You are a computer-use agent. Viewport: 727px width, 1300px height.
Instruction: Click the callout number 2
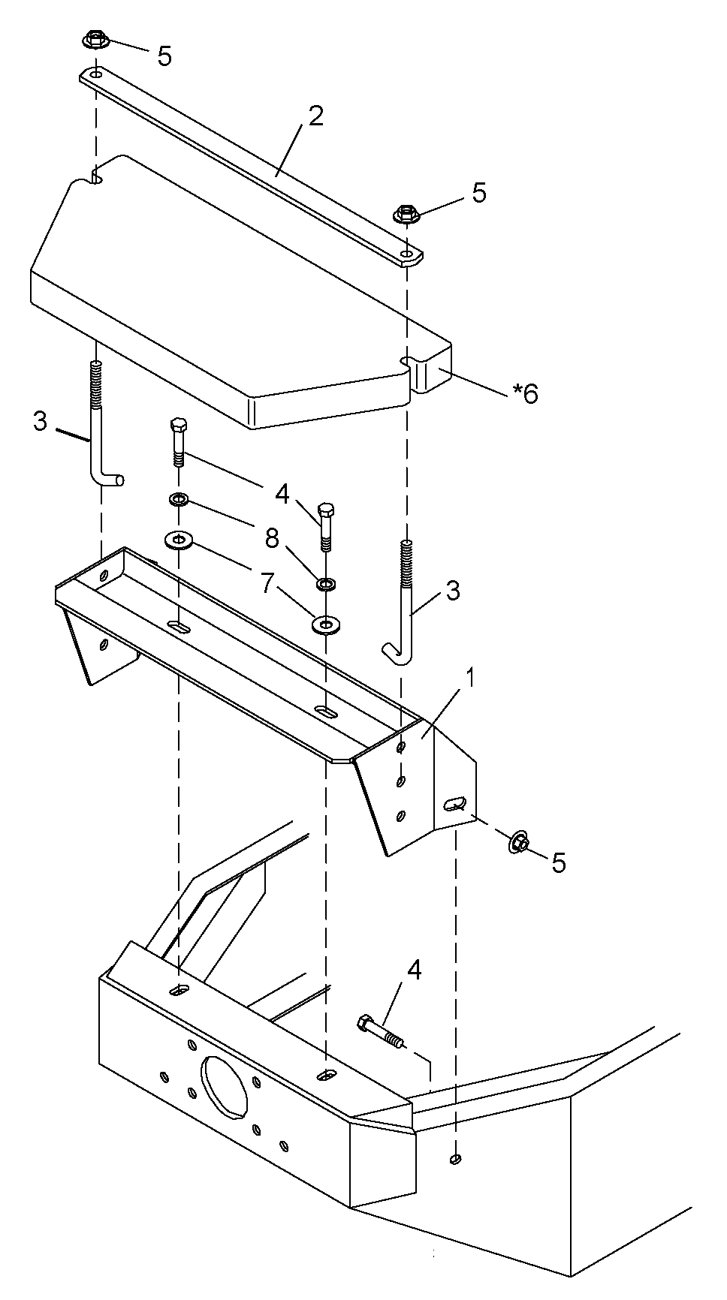tap(315, 116)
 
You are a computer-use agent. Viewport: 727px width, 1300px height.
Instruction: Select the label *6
tap(525, 393)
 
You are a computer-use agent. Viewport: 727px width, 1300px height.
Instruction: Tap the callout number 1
tap(470, 679)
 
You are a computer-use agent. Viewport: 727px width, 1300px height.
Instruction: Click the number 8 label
tap(271, 537)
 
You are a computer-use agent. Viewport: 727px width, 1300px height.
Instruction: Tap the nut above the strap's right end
tap(406, 213)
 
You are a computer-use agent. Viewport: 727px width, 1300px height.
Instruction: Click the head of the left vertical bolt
tap(178, 424)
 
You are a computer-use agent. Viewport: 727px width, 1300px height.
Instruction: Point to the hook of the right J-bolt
tap(394, 653)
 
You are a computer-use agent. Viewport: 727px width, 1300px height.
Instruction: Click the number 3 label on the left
tap(40, 421)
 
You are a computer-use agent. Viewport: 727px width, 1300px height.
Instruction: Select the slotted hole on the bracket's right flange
tap(455, 803)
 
